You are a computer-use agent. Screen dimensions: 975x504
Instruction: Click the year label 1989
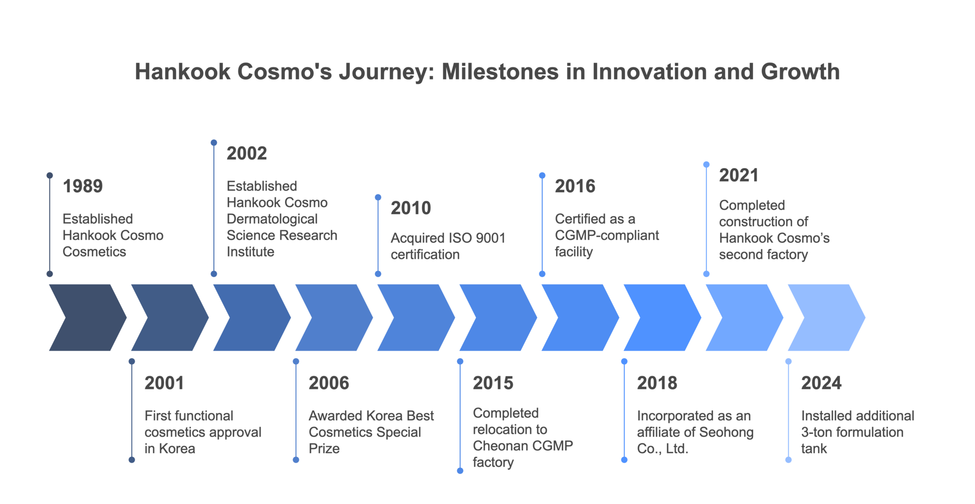[x=83, y=186]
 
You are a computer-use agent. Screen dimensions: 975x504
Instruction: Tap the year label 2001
[x=164, y=383]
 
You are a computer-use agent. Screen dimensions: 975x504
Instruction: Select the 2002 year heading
[x=247, y=153]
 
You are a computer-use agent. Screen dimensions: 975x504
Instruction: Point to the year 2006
[x=329, y=383]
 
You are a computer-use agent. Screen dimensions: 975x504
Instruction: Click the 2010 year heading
[x=411, y=208]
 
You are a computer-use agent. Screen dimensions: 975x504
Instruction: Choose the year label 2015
[x=493, y=383]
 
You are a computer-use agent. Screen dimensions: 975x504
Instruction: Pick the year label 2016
[x=575, y=186]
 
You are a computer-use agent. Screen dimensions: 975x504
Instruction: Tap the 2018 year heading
[x=657, y=383]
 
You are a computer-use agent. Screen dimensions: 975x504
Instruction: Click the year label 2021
[x=739, y=176]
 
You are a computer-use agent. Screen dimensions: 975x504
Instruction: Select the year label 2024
[x=822, y=383]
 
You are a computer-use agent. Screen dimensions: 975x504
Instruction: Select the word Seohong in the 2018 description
[x=725, y=432]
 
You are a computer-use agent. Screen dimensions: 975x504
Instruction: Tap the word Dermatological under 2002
[x=272, y=219]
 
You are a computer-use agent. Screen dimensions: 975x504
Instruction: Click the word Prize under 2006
[x=324, y=449]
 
